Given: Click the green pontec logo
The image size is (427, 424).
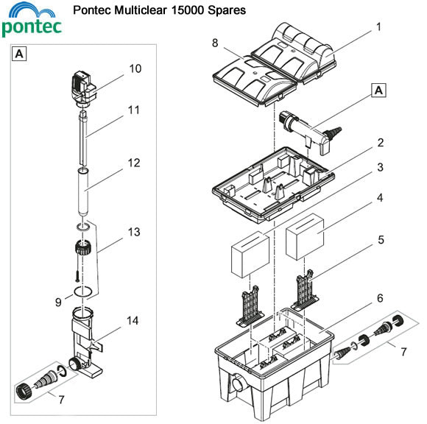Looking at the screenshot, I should tap(32, 22).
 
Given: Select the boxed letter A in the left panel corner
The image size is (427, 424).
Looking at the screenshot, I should tap(20, 53).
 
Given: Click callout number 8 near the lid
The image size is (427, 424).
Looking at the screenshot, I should tap(214, 43).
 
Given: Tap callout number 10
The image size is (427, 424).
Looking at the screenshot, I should tap(135, 68).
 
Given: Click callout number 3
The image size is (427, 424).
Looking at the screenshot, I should tap(378, 167).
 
